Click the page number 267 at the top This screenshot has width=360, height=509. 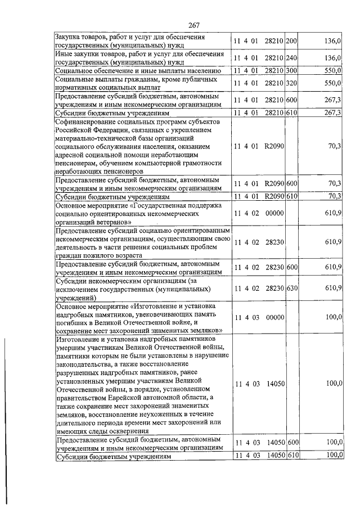(x=195, y=24)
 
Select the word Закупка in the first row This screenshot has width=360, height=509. (x=69, y=37)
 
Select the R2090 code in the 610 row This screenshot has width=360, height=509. (x=274, y=196)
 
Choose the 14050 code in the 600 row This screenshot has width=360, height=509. (x=276, y=443)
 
